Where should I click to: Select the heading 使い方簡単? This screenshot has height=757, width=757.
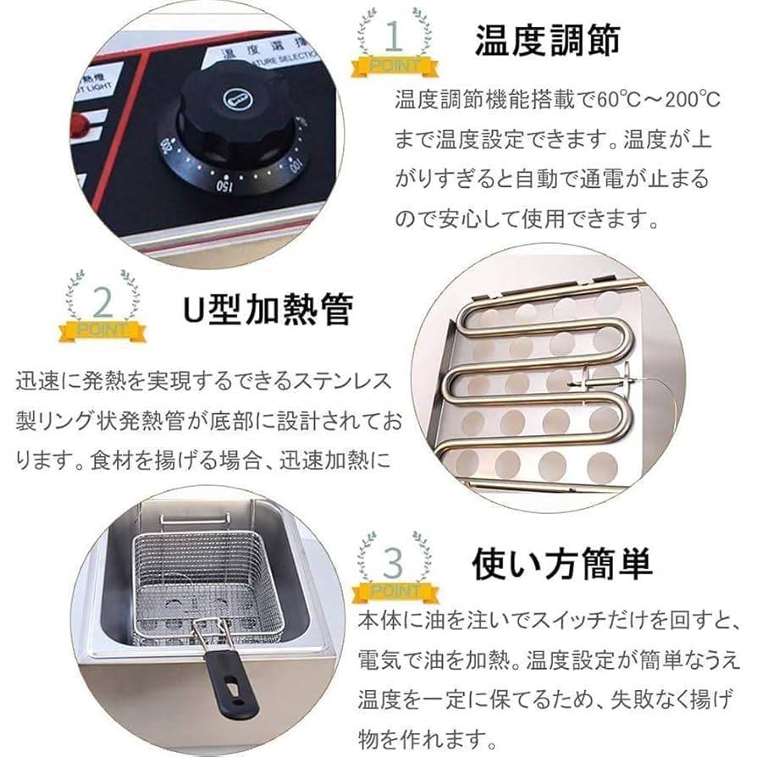pyautogui.click(x=561, y=561)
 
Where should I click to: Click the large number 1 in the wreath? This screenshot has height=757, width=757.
pyautogui.click(x=393, y=37)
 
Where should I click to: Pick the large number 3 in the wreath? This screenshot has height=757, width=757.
pyautogui.click(x=394, y=561)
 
